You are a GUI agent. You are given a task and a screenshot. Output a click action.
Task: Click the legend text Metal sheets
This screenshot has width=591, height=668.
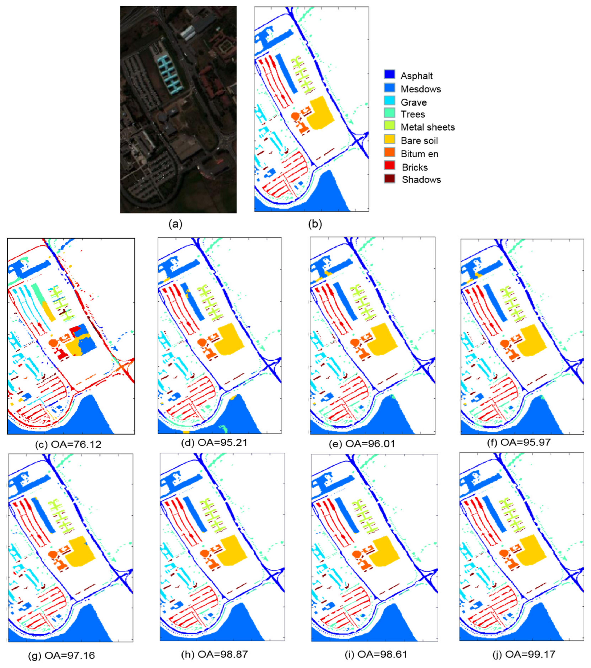point(427,127)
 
